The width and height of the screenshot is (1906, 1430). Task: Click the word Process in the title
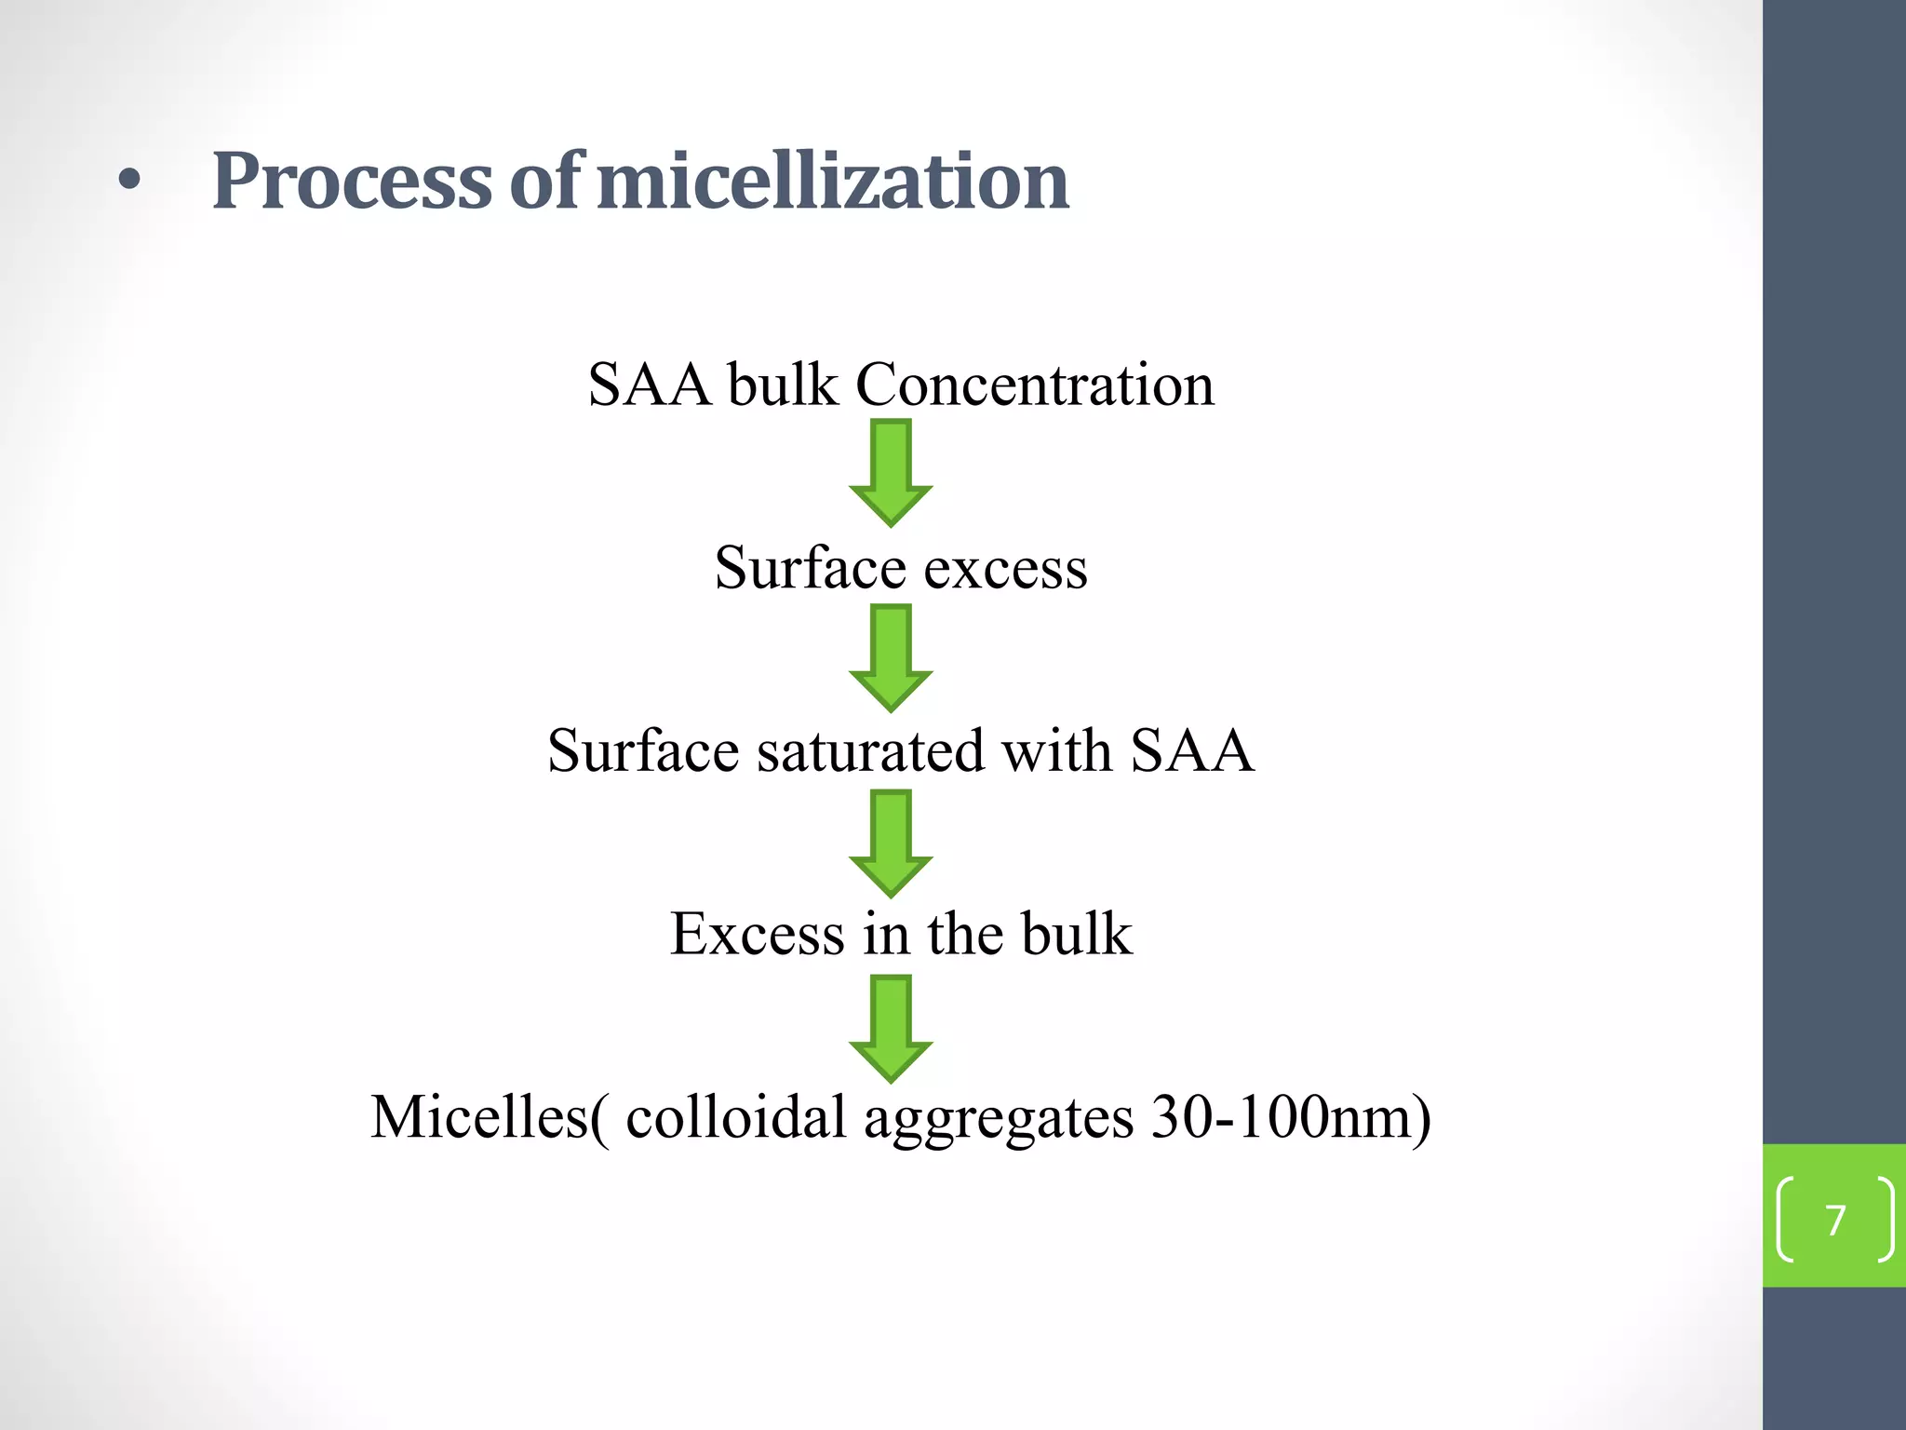[x=352, y=181]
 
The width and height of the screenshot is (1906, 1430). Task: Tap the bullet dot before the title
[x=129, y=182]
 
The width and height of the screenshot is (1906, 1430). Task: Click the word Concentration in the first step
[x=1034, y=384]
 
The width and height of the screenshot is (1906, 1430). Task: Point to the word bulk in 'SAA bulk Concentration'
[x=782, y=384]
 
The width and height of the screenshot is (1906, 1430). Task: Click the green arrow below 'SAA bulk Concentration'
[x=891, y=472]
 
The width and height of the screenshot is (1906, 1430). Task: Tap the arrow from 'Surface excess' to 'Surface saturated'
[x=891, y=657]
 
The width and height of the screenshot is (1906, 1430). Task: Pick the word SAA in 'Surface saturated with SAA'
[x=1191, y=750]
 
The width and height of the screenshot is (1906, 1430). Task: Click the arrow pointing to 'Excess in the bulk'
[x=891, y=843]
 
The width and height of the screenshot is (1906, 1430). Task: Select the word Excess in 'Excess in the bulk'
[x=757, y=934]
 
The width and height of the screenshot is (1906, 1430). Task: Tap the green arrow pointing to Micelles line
[x=891, y=1028]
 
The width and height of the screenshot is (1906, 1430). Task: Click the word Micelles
[x=480, y=1116]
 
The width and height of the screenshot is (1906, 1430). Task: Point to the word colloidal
[x=735, y=1116]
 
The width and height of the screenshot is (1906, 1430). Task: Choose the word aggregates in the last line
[x=998, y=1118]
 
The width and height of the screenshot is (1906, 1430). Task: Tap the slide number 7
[x=1834, y=1221]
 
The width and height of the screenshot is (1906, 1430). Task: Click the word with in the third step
[x=1056, y=750]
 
